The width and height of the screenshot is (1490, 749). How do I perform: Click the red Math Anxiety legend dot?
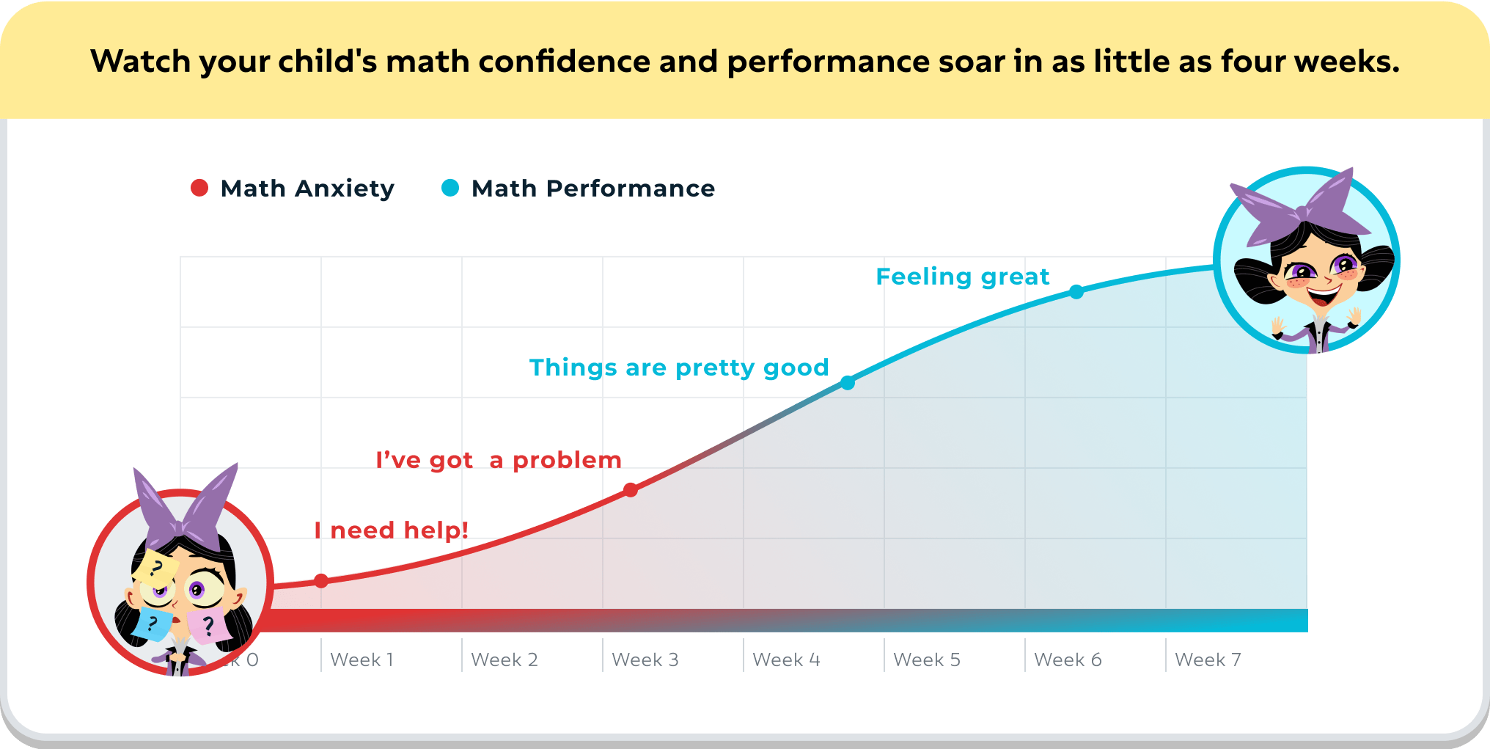pos(199,188)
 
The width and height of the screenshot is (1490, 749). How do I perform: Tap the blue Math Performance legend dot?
pos(450,188)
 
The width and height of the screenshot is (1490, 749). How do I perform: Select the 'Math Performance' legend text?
pos(593,189)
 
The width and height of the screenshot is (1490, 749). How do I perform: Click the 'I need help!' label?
pos(392,530)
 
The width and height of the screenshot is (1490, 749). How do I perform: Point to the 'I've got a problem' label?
pos(499,460)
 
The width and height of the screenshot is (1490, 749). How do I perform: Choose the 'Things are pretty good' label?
pos(679,368)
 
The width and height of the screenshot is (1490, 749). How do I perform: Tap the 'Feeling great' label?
pos(963,277)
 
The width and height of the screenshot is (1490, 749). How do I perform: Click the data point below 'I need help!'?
pos(321,581)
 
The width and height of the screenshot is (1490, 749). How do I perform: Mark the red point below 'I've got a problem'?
pos(631,490)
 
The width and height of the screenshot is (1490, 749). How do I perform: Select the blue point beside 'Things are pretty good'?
pos(848,383)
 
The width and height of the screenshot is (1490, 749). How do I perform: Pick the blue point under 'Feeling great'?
pos(1076,292)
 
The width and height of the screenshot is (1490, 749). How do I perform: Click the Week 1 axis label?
pos(362,660)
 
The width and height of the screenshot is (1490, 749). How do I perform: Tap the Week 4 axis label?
pos(786,660)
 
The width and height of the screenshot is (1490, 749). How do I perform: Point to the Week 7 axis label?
pos(1208,660)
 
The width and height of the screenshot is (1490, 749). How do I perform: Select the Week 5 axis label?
pos(927,660)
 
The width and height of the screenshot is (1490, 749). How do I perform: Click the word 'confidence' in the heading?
pos(564,62)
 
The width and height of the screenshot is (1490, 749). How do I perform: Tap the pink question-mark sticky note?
pos(208,625)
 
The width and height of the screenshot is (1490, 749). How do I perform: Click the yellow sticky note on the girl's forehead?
pos(155,569)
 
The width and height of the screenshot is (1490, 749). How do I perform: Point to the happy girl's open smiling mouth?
pos(1323,295)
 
